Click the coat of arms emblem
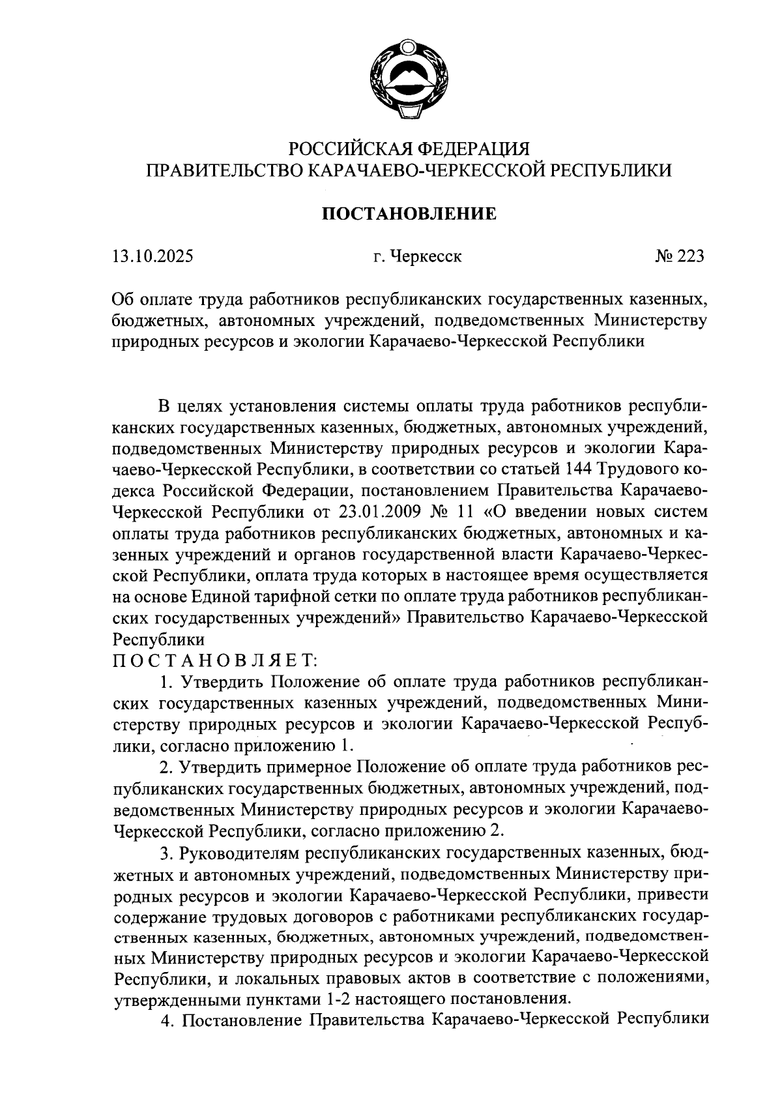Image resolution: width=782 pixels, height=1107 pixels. point(409,80)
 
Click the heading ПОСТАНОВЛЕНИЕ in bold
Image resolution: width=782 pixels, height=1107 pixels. point(410,213)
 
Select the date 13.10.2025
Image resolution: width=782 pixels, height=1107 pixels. point(152,256)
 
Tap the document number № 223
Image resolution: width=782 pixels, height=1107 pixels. point(679,256)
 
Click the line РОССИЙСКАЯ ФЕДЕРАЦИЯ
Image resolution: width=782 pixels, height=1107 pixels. point(410,148)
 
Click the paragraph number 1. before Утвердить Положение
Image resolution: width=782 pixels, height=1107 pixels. point(166,683)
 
